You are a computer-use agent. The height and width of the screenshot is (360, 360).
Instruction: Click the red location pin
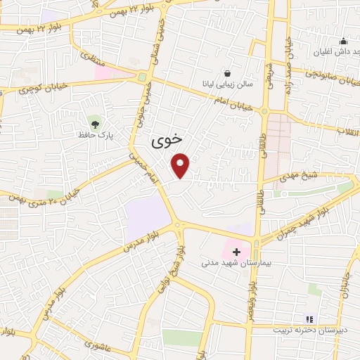pyautogui.click(x=181, y=165)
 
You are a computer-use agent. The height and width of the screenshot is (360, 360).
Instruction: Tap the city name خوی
pyautogui.click(x=167, y=141)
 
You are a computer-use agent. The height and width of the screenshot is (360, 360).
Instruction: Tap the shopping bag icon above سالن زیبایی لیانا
pyautogui.click(x=226, y=73)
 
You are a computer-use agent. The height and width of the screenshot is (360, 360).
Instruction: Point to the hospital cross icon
pyautogui.click(x=236, y=251)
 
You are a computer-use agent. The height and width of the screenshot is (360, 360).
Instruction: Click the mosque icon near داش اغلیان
pyautogui.click(x=343, y=41)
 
